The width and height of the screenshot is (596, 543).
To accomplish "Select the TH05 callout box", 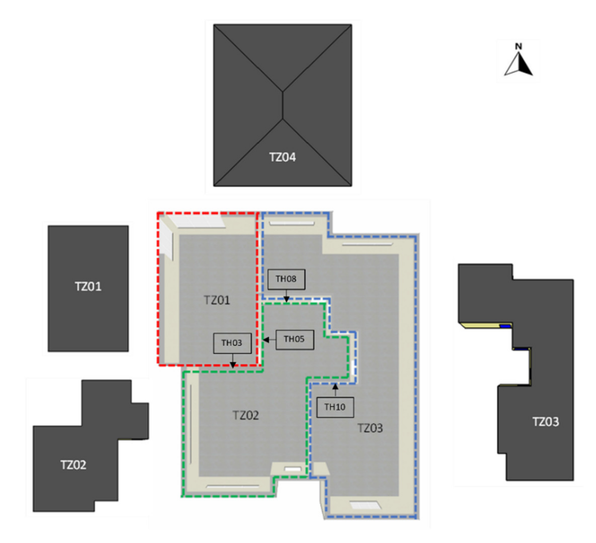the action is (294, 340).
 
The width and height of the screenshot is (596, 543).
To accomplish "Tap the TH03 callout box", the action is (232, 343).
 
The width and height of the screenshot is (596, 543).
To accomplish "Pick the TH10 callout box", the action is (335, 407).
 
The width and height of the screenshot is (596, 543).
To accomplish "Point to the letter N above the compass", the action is (518, 46).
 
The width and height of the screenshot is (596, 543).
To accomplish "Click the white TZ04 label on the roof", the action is (282, 157).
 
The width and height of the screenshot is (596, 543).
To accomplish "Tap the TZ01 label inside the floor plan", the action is (217, 300).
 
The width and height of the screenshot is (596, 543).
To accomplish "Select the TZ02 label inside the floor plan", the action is (245, 415).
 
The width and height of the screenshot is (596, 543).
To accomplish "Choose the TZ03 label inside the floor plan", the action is (370, 428).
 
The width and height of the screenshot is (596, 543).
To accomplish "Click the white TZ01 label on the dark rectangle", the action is (88, 286).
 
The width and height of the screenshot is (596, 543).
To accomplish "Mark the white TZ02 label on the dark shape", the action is (73, 465).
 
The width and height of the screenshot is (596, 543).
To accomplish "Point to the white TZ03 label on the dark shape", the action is (545, 422).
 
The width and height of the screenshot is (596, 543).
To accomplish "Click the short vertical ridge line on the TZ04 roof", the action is (283, 106).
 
